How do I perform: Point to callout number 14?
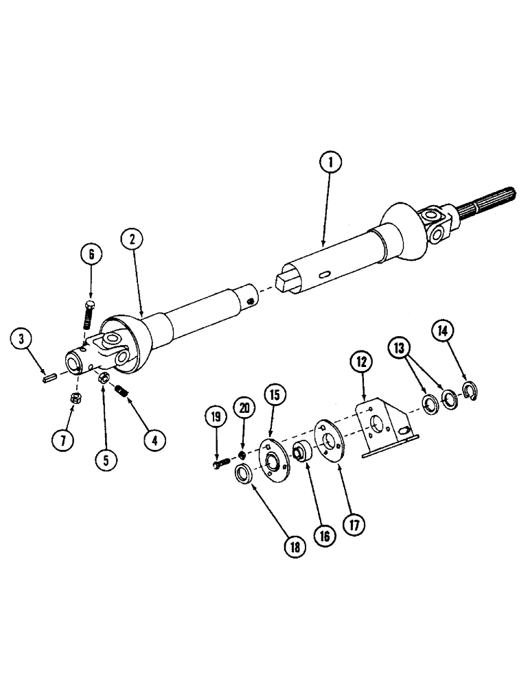442,332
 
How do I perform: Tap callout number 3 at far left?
23,339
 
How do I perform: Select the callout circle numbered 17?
355,525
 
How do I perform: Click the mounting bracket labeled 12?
379,433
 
